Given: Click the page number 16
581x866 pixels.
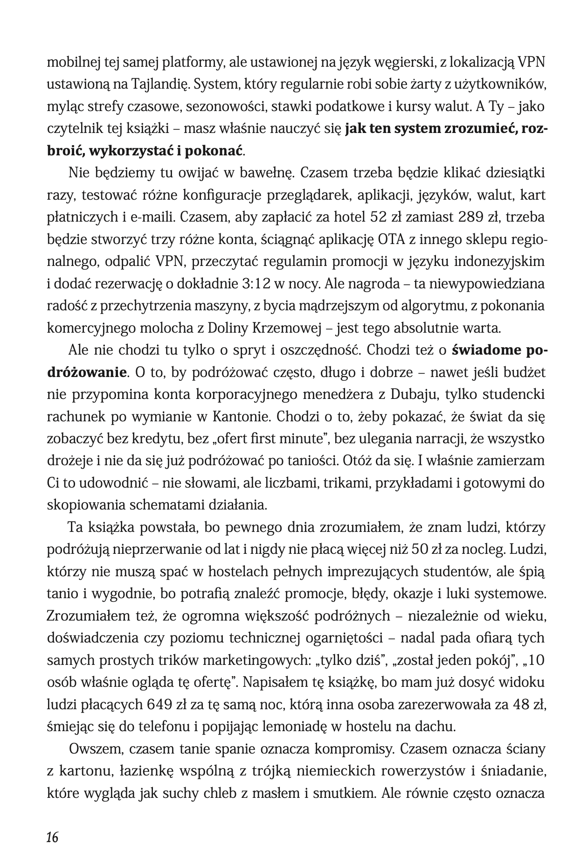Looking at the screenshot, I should pos(52,837).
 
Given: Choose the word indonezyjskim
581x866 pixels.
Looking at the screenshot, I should pos(498,261).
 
